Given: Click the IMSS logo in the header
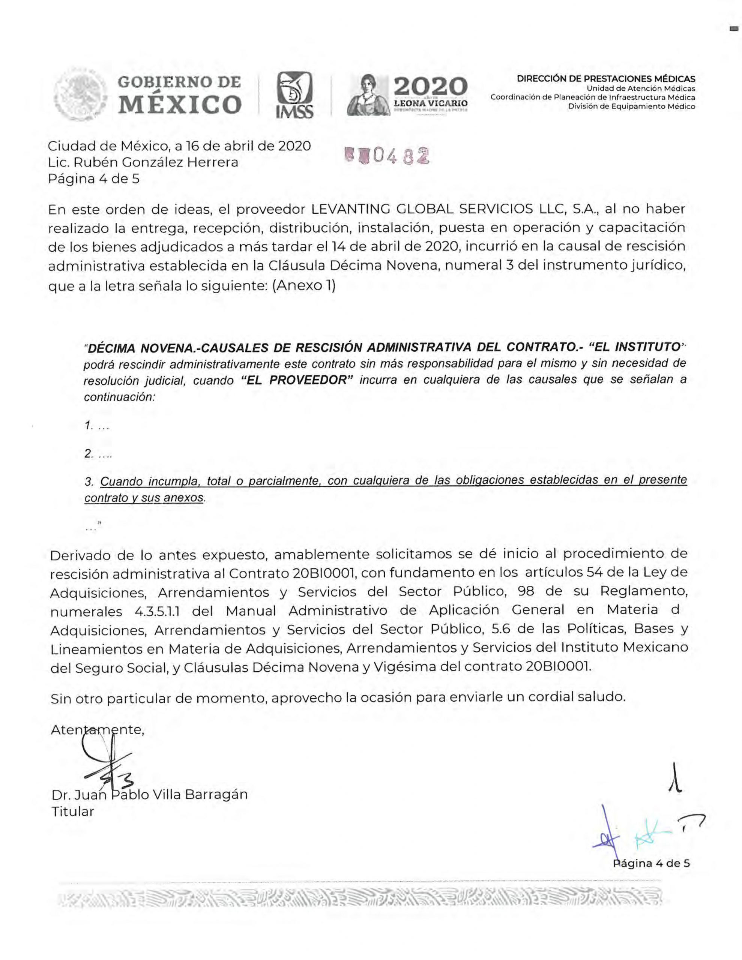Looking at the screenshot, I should pos(294,95).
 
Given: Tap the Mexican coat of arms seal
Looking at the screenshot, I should pos(81,94).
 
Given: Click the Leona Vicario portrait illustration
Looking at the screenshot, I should pos(368,95).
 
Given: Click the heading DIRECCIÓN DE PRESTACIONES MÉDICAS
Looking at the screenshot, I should pos(606,79).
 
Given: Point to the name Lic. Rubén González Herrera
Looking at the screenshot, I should pos(143,162).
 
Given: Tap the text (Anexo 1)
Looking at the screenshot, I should pos(304,286).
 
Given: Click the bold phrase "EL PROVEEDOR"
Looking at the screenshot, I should pos(298,380).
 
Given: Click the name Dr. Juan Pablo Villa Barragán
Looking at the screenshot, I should pos(150,794).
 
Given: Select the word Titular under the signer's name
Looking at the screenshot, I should pos(72,811).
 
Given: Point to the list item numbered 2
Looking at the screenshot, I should pos(98,454).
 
